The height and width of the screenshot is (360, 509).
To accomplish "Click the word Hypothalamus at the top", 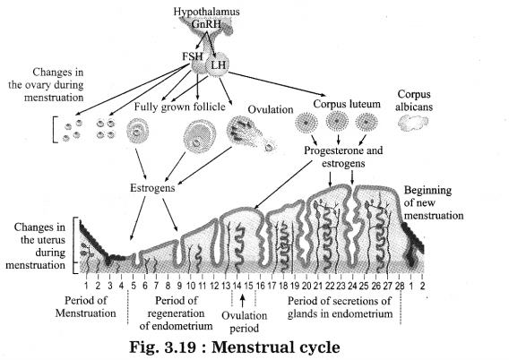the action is pos(206,12).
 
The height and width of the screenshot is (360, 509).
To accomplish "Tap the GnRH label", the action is pos(206,24).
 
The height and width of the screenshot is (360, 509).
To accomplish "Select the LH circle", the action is pos(217,64).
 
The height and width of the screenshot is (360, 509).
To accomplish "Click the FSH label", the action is pos(192,56).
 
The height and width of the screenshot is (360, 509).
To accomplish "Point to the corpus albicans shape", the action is pos(413,124).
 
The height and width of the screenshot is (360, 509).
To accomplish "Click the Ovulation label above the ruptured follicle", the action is pos(271,109).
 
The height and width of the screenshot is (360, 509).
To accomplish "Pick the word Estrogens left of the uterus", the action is pos(152,188).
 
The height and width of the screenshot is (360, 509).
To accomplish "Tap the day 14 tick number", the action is pos(237,286).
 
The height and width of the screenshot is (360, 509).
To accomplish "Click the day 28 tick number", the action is pos(400,286).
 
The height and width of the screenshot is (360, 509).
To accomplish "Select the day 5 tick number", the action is pos(134,286).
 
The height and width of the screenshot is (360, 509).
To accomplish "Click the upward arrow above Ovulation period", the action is pos(242,300).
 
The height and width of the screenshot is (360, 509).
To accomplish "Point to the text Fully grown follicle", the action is pos(180,107).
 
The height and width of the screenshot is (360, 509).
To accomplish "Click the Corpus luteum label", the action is pos(347,104).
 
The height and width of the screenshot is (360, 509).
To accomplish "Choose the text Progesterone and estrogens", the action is pos(343,157).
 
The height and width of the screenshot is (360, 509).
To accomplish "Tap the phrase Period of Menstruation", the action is pos(85,306).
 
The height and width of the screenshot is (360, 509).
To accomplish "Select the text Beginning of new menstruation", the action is pos(434,202).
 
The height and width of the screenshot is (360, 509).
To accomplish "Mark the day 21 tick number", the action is pos(318,286).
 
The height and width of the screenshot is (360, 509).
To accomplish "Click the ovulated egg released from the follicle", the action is pos(269,148).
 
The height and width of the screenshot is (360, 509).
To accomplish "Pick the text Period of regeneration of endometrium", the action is pos(176,313).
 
